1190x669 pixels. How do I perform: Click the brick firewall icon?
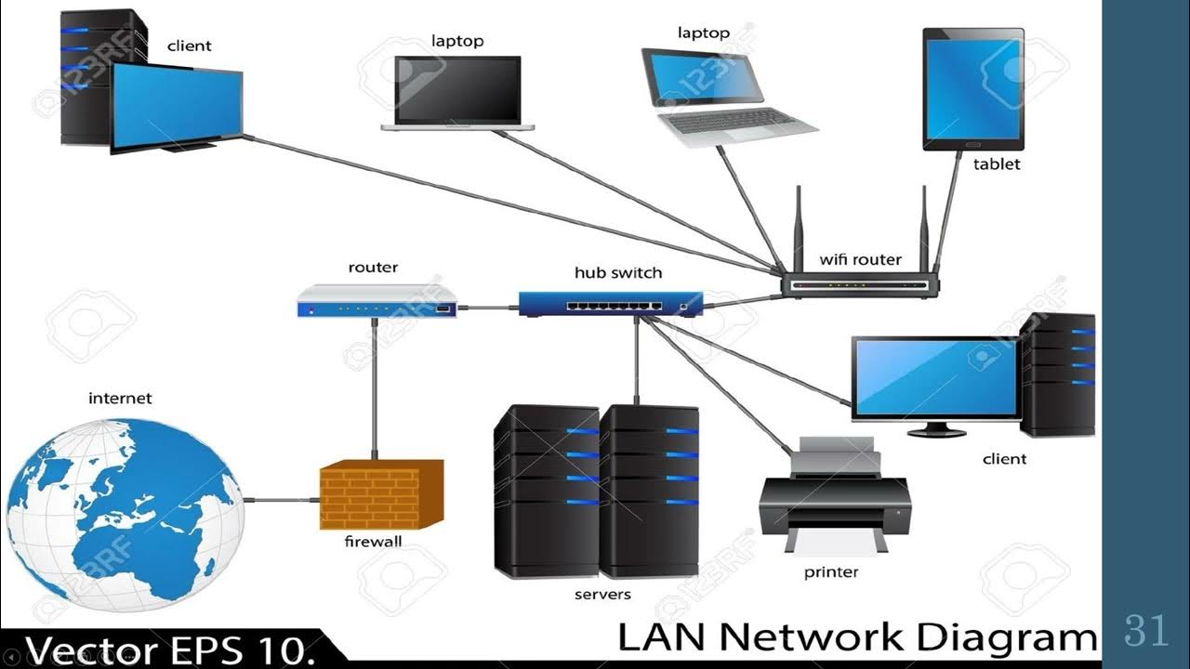[381, 494]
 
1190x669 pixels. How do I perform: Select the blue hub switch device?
[610, 303]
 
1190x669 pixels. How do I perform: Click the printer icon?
[834, 498]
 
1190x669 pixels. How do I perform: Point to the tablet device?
[973, 89]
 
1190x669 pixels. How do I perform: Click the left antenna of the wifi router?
[797, 228]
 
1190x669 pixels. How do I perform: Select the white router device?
[377, 301]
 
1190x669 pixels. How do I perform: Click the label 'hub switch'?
[618, 272]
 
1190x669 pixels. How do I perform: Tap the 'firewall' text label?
[373, 541]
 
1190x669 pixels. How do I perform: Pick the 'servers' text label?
[602, 594]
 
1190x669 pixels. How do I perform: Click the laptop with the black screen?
[457, 93]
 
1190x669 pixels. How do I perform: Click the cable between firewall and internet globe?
[281, 500]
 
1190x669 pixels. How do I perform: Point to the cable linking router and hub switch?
[487, 307]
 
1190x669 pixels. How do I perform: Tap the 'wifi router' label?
[860, 259]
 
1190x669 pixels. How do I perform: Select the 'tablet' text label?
[997, 164]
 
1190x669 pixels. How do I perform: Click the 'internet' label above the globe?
[120, 398]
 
